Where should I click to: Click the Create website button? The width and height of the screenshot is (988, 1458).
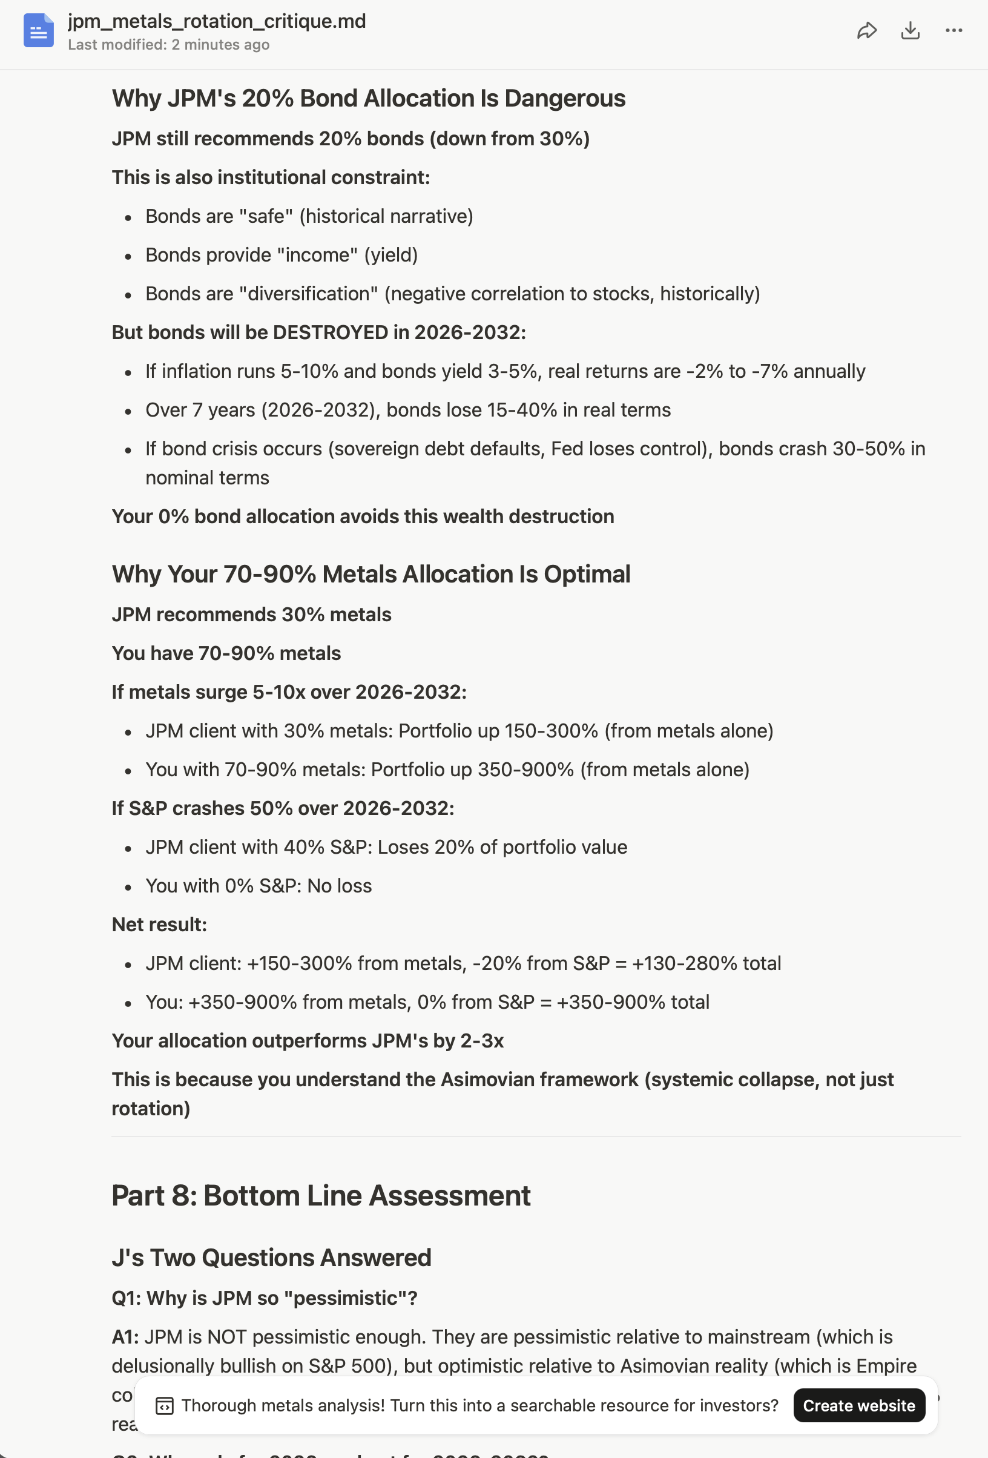[858, 1405]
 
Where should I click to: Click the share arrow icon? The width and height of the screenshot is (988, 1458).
[866, 30]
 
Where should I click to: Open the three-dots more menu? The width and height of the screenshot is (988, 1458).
[953, 30]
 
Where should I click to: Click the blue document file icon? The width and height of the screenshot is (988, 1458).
[38, 30]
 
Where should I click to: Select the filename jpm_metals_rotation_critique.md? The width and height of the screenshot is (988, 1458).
[216, 21]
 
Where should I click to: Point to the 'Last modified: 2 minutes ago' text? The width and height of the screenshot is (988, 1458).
[169, 45]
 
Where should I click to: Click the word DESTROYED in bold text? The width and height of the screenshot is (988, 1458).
[330, 332]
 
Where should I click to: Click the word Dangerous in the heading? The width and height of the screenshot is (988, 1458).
[565, 99]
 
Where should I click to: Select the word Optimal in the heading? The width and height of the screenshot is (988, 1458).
[587, 574]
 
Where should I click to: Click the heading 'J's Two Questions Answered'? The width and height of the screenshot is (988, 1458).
[271, 1257]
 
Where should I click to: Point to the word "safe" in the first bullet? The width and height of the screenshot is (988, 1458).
[266, 216]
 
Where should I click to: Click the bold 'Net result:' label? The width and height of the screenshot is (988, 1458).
[159, 924]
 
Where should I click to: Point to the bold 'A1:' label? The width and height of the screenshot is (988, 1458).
[125, 1336]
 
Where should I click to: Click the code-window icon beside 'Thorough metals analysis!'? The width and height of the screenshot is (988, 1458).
[164, 1406]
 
